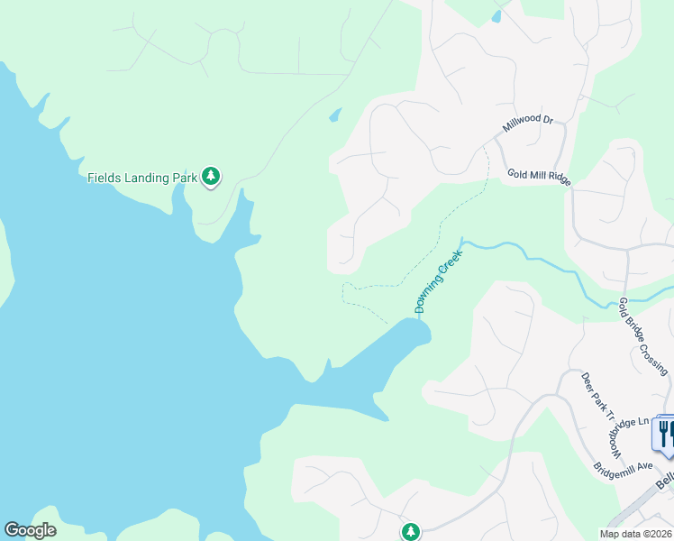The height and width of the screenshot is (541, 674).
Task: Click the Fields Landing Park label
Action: coord(141,178)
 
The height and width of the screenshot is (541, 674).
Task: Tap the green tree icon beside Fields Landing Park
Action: coord(211,176)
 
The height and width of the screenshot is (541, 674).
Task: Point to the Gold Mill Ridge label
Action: coord(539,177)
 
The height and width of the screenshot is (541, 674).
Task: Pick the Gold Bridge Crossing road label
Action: coord(643,336)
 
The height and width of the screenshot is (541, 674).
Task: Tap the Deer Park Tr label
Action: coord(597,398)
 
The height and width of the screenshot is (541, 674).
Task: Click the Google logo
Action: coord(30,530)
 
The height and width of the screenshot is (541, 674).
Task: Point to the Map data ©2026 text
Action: coord(634,534)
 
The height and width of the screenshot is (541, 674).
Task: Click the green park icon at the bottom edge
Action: coord(411,531)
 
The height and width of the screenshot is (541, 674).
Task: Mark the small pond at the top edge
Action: coord(496,15)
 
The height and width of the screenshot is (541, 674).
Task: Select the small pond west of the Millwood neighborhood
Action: coord(335,115)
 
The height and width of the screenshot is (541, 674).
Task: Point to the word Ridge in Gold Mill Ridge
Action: coord(558,180)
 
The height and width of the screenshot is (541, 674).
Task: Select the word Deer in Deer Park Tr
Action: coord(586,380)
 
